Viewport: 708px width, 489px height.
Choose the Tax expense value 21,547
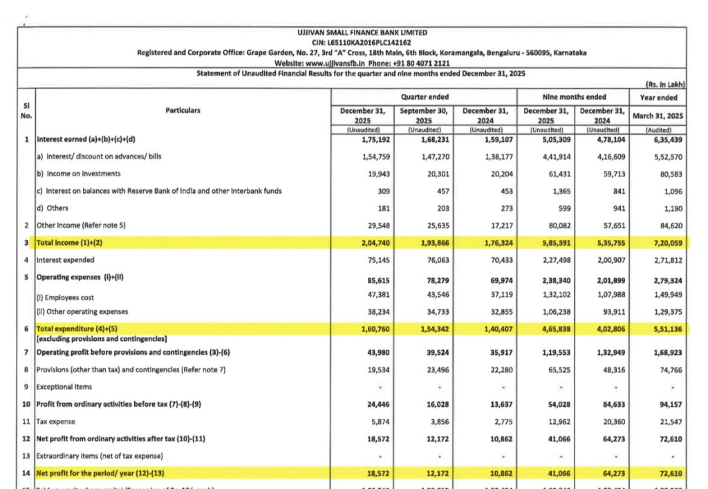tap(669, 421)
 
